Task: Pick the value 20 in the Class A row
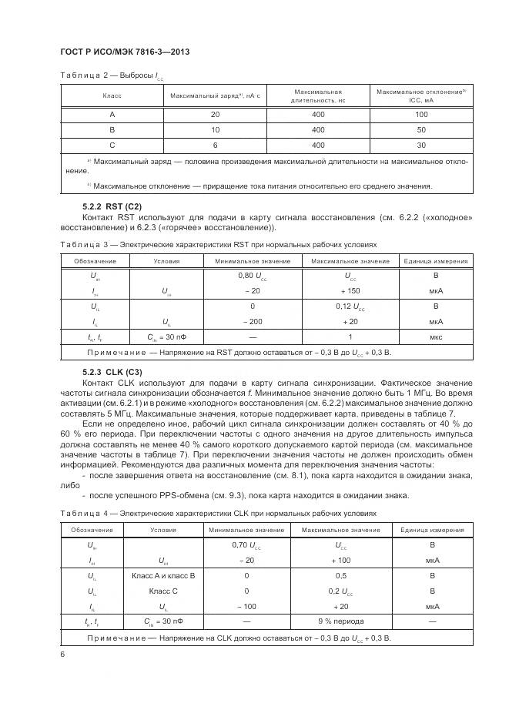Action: click(215, 114)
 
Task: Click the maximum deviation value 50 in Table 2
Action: click(421, 129)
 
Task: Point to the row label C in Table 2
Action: click(112, 145)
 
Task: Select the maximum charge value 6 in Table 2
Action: click(215, 145)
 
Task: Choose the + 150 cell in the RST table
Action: click(350, 291)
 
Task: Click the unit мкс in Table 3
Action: click(436, 337)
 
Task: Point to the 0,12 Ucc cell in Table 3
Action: click(350, 306)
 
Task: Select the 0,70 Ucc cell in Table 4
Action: click(246, 545)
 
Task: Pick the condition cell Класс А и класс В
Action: click(163, 576)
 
